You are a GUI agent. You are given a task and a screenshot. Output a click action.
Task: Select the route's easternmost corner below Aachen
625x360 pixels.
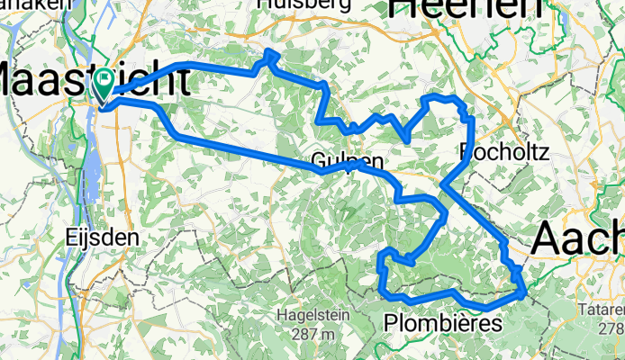(x=523, y=291)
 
